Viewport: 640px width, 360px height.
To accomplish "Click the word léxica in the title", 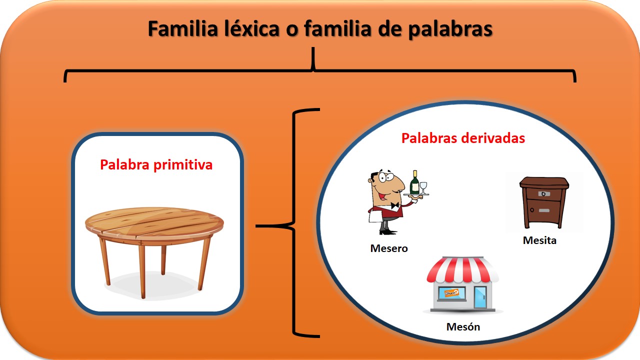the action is tap(251, 28).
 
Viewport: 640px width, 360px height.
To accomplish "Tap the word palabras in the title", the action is tap(450, 29).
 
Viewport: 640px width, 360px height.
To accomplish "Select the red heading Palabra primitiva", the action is tap(156, 165).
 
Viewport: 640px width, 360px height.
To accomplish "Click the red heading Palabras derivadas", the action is tap(463, 138).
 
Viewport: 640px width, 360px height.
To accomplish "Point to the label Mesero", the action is tap(389, 248).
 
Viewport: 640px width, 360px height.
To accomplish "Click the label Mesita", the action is tap(539, 240).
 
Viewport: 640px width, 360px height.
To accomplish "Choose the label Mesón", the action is tap(463, 326).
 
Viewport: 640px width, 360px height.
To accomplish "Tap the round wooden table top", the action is tap(154, 223).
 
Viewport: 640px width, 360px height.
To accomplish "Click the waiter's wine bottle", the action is tap(414, 182).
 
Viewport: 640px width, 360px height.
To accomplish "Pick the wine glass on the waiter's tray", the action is tap(423, 187).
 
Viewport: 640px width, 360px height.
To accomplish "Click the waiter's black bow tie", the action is tap(395, 205).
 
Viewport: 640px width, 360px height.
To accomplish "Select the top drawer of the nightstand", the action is tap(543, 194).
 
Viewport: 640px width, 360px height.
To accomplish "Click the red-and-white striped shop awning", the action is tap(462, 269).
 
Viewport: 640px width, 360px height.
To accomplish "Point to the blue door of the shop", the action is tap(480, 297).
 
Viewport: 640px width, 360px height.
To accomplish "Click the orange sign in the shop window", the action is tap(451, 293).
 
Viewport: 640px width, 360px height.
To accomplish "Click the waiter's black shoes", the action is tap(387, 232).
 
